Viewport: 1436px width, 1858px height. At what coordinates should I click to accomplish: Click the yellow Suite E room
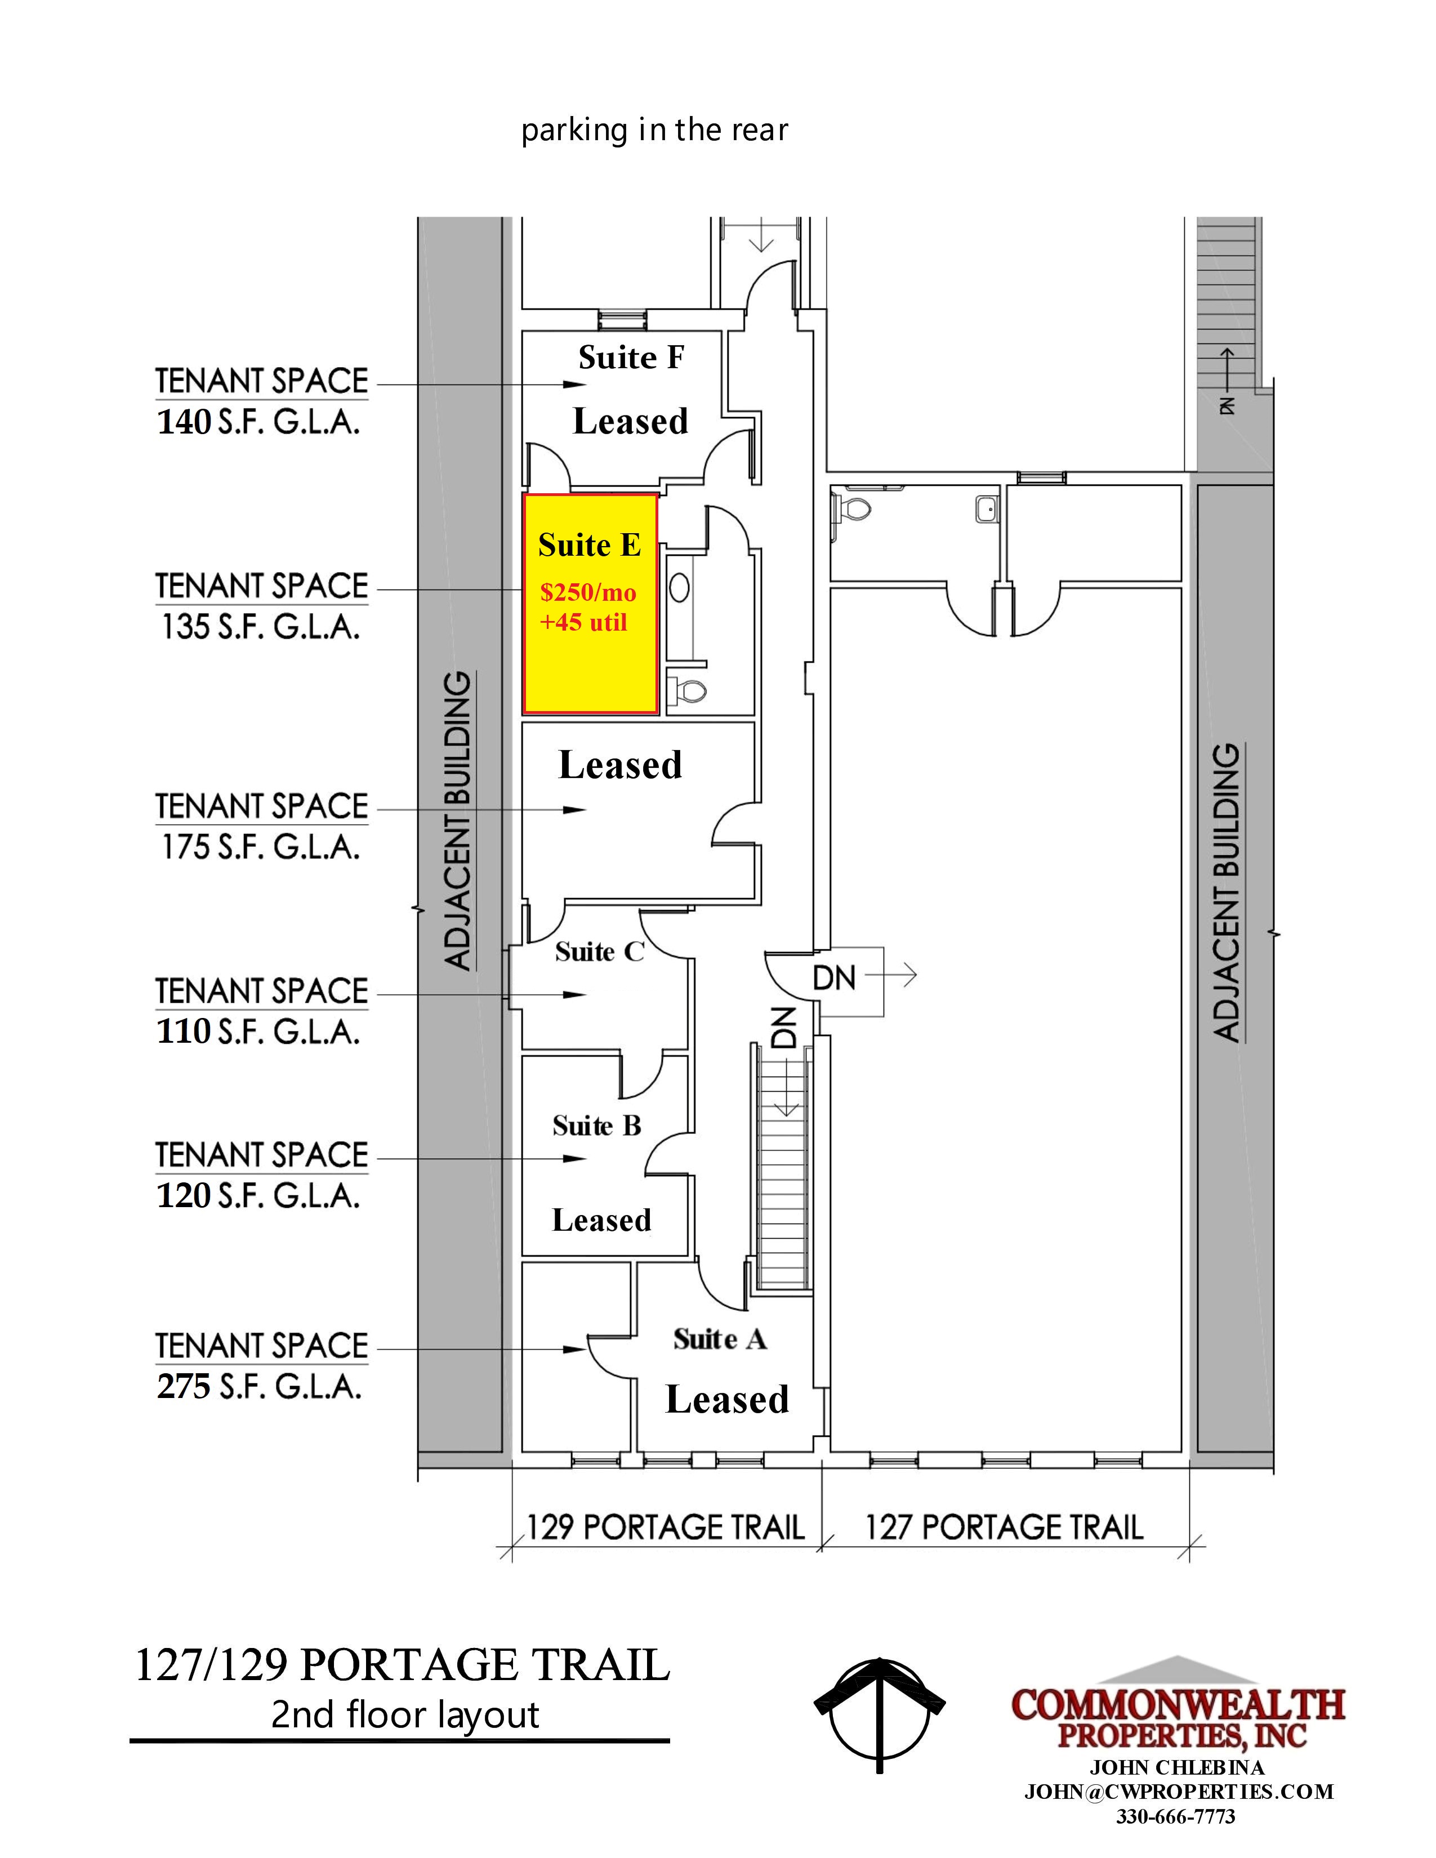click(x=590, y=603)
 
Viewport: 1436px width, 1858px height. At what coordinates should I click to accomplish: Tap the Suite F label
click(x=631, y=358)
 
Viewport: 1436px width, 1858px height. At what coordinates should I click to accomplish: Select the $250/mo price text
click(x=588, y=592)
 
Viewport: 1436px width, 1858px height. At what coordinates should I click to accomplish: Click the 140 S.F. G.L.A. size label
click(x=258, y=422)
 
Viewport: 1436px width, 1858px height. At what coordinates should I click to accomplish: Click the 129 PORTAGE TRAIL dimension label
click(x=665, y=1527)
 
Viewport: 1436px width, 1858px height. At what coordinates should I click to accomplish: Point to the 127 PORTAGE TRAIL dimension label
click(x=1004, y=1527)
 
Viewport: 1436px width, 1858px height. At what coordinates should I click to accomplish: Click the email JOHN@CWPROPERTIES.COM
click(x=1178, y=1791)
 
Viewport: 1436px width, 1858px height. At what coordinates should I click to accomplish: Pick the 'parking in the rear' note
click(x=654, y=130)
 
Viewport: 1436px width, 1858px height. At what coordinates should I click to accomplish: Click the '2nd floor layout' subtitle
click(x=405, y=1715)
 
